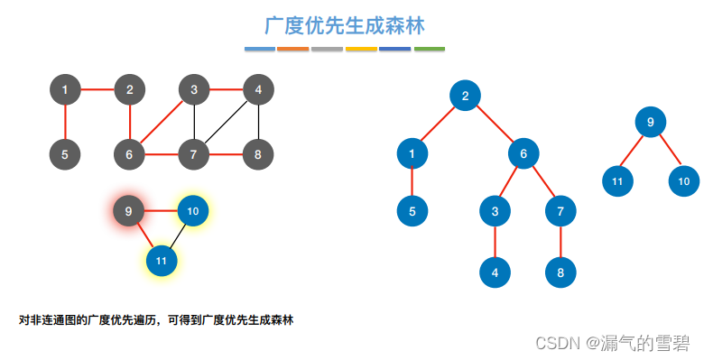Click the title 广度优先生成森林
tap(345, 24)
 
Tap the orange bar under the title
tap(293, 48)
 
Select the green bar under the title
tap(430, 48)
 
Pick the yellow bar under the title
tap(361, 48)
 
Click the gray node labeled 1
tap(65, 89)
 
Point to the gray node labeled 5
tap(65, 154)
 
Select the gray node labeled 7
tap(193, 154)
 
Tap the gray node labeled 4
tap(258, 89)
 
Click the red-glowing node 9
tap(129, 211)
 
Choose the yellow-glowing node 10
tap(193, 211)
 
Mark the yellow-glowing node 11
tap(162, 261)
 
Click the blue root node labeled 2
tap(466, 97)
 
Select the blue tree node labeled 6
tap(523, 153)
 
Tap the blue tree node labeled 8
tap(560, 271)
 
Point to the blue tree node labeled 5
tap(412, 212)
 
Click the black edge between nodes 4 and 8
tap(258, 122)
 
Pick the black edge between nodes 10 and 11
tap(178, 235)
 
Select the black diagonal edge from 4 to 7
tap(226, 122)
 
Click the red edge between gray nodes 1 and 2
tap(97, 89)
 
